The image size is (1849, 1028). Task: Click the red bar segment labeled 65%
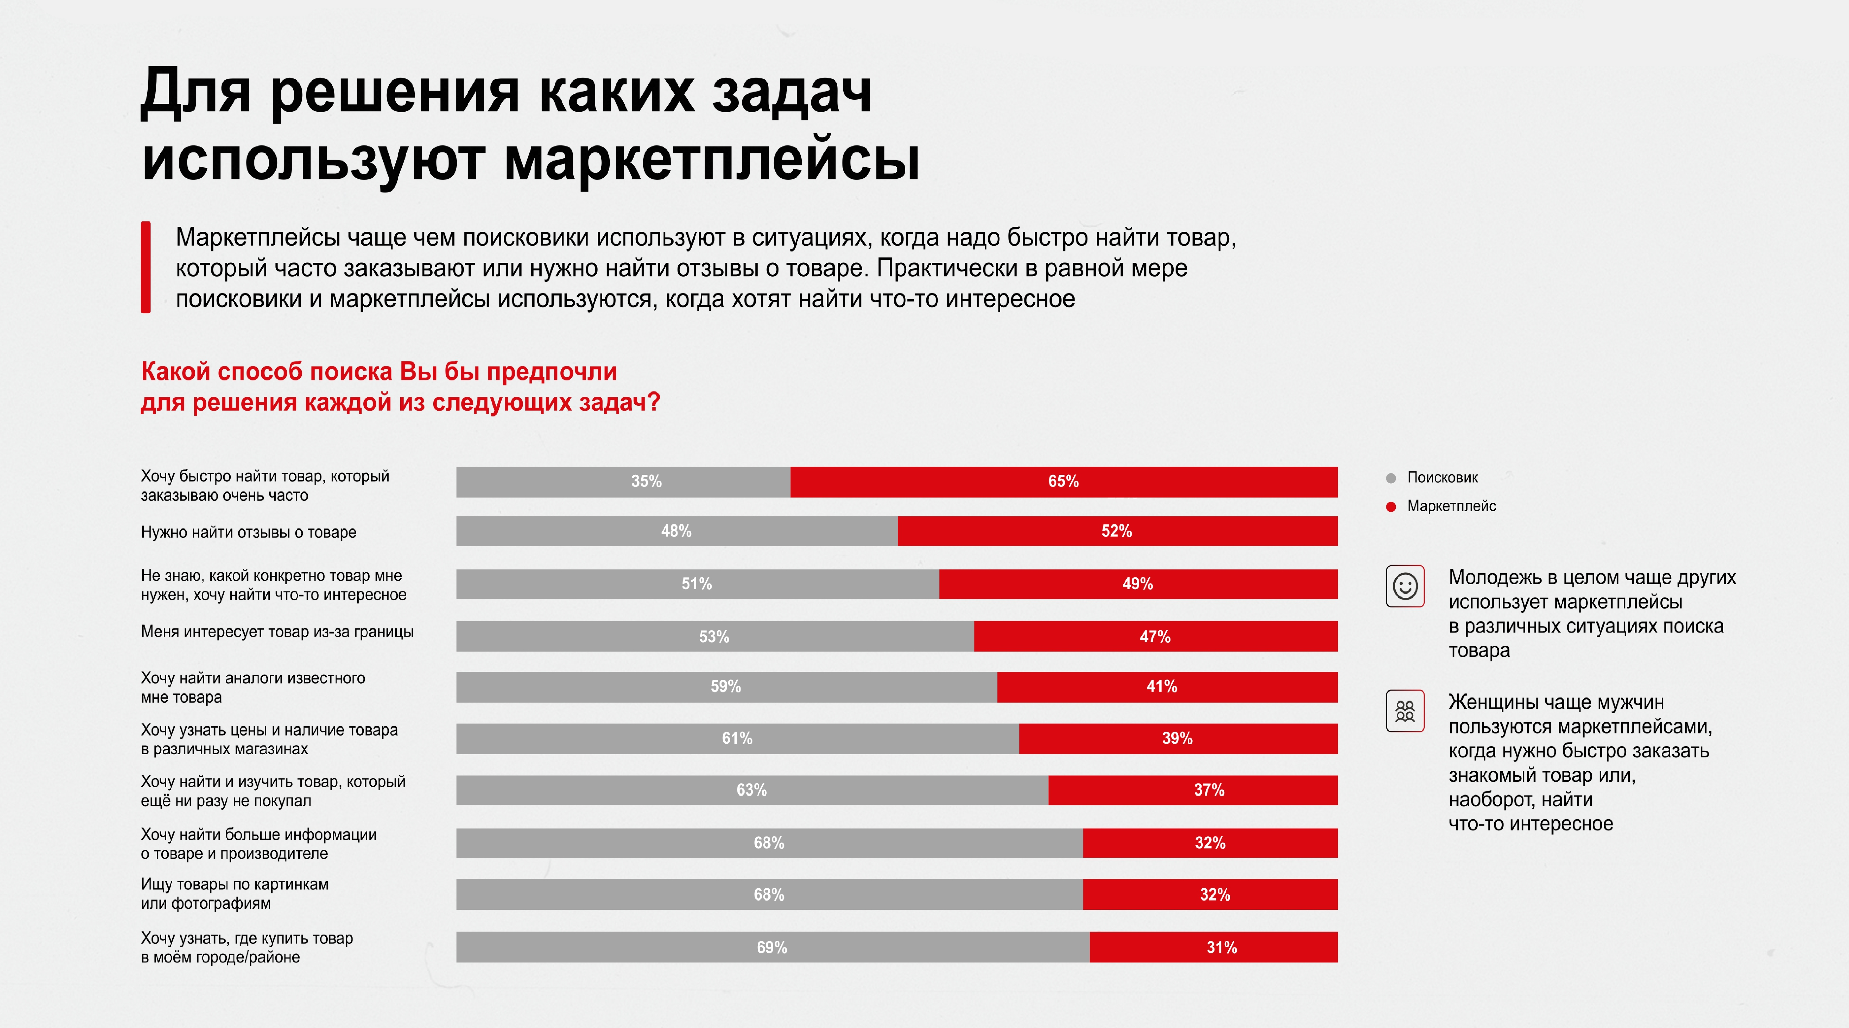point(1064,482)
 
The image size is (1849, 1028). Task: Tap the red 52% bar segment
point(1117,531)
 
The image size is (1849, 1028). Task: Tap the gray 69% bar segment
point(772,948)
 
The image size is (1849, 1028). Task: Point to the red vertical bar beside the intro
point(146,267)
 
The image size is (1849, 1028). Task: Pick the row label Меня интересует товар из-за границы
point(277,632)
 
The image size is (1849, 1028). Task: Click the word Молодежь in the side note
point(1494,578)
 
